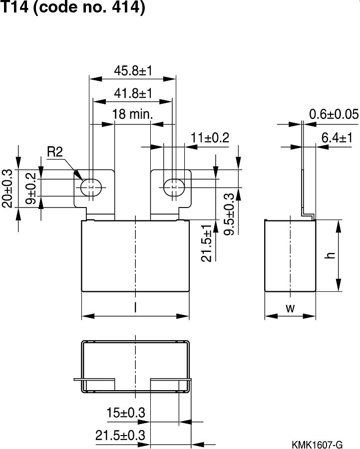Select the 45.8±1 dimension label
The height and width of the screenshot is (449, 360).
(132, 71)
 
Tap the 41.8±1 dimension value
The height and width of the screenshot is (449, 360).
(132, 93)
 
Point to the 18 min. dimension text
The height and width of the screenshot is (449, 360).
(132, 115)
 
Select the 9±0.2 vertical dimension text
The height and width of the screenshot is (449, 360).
(30, 189)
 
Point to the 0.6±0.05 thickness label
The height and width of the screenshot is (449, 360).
(334, 115)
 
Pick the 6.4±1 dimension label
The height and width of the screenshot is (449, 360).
(337, 138)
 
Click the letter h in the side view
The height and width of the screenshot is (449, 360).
(330, 255)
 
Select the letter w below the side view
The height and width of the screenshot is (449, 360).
(290, 308)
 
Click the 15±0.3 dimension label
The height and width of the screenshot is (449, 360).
(126, 413)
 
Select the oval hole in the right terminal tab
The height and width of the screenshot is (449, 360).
(174, 186)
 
